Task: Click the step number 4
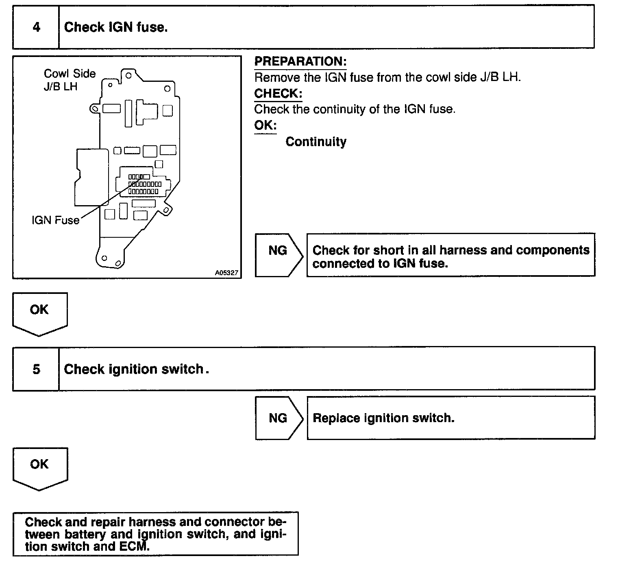coord(36,27)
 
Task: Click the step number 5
coord(36,369)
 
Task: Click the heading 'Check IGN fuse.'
coord(116,27)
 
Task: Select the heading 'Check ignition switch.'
coord(134,369)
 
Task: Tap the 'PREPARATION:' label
coord(300,61)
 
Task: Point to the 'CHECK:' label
coord(278,94)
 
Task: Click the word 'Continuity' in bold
coord(316,142)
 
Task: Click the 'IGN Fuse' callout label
coord(55,220)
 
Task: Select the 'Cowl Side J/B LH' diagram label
coord(69,80)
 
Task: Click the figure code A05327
coord(226,273)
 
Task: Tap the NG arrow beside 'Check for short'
coord(278,251)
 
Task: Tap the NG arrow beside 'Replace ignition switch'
coord(278,418)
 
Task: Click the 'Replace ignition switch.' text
coord(383,418)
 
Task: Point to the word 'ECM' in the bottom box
coord(135,546)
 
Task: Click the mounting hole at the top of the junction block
coord(128,75)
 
